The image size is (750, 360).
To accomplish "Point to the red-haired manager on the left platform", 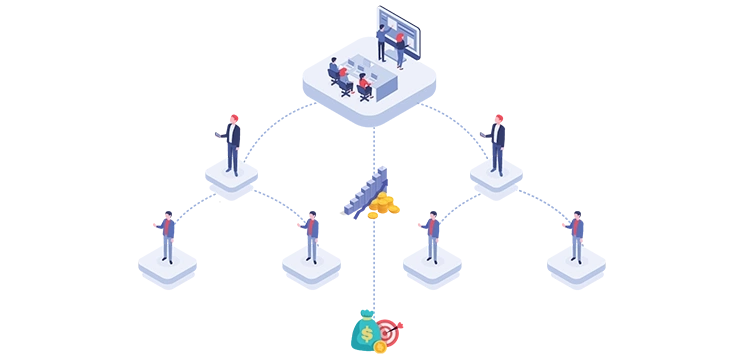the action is click(232, 145).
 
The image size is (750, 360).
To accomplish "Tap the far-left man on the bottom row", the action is click(167, 236).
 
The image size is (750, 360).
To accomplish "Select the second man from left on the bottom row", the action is click(312, 236).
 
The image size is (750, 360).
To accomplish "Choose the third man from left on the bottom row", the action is click(431, 236).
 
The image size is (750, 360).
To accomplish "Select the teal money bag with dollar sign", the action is click(364, 329).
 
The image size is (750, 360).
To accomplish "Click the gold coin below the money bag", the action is click(380, 348).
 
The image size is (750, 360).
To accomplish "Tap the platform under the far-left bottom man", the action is click(167, 267).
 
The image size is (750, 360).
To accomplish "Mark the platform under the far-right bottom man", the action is click(577, 267).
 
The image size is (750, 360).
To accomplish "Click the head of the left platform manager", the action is click(232, 121).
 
